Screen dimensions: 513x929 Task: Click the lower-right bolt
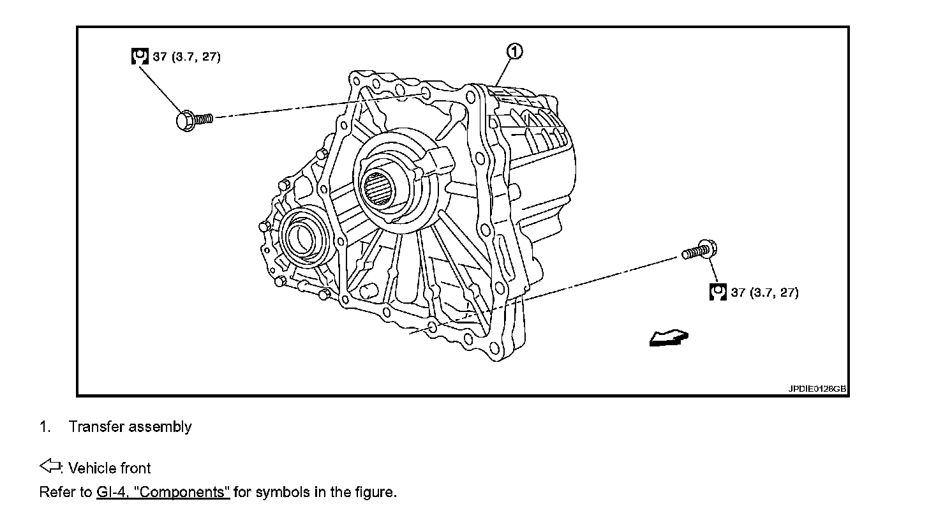pos(698,250)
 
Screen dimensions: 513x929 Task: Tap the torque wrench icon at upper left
pos(140,56)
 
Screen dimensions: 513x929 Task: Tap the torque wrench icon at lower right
pos(718,292)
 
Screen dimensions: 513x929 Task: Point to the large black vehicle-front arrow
pos(668,338)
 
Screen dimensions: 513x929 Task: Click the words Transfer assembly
pos(130,427)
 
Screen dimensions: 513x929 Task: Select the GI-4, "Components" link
pos(163,493)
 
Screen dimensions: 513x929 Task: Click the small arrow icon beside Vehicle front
pos(49,467)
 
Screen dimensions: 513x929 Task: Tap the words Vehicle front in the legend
pos(110,468)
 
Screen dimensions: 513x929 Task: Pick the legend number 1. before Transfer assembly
pos(45,427)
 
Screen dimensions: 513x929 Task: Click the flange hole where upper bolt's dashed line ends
pos(426,97)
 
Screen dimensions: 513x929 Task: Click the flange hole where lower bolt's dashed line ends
pos(432,327)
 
